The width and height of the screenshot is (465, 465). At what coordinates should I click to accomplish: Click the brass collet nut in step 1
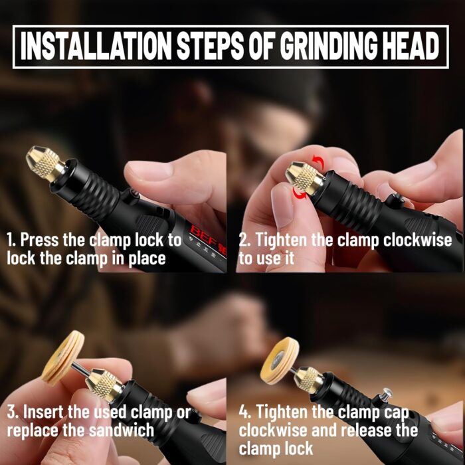click(x=45, y=163)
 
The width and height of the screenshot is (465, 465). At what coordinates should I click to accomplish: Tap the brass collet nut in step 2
click(x=304, y=178)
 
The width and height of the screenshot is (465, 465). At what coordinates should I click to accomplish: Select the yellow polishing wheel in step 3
click(x=63, y=358)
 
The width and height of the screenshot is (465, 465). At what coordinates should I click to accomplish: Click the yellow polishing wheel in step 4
click(x=280, y=361)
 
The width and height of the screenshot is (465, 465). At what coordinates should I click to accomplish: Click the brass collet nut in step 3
click(x=104, y=384)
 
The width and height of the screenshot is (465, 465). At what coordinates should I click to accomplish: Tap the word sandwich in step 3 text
click(x=122, y=430)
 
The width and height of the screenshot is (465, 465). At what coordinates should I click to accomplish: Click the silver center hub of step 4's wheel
click(x=277, y=360)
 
